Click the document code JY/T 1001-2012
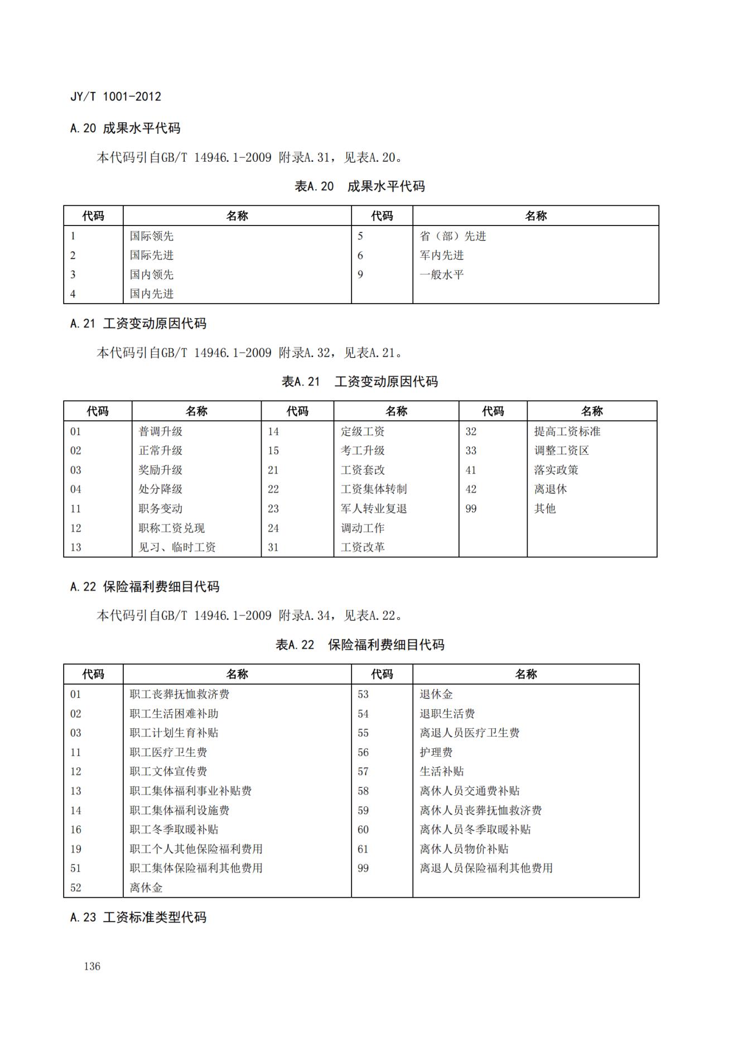115,97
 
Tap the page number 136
92,966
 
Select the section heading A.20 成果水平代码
125,128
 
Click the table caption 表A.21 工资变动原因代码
360,382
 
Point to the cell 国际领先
152,236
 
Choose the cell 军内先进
442,256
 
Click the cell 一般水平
442,275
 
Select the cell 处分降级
161,489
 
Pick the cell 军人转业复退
374,509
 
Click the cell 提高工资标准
567,431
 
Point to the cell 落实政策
556,470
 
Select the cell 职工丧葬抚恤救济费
180,695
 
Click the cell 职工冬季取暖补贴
174,830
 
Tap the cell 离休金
146,888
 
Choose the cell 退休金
436,695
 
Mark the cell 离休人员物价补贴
464,849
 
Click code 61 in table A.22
363,849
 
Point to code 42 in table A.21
471,489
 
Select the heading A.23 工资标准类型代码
138,917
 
